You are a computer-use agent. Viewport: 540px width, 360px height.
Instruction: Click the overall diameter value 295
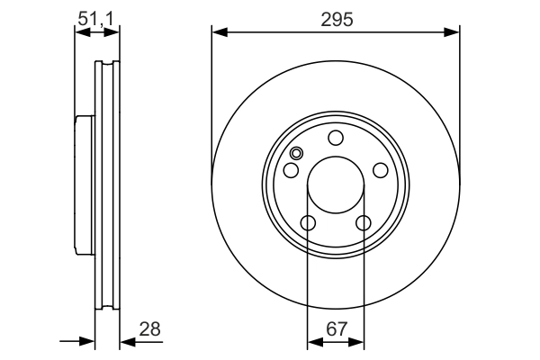[336, 17]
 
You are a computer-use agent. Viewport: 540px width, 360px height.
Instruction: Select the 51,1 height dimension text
[97, 17]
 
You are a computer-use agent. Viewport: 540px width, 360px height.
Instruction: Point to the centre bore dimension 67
[336, 329]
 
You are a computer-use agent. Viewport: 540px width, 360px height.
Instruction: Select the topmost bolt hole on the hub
[336, 138]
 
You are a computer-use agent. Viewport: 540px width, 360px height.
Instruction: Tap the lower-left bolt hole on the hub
[308, 223]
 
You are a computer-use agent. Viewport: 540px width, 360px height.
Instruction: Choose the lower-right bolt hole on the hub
[364, 223]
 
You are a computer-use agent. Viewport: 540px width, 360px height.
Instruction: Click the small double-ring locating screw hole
[297, 154]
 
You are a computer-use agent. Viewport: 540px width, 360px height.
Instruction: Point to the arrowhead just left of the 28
[127, 342]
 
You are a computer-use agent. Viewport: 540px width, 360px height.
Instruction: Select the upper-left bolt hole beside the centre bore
[292, 171]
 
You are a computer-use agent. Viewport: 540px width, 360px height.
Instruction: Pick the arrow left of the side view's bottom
[86, 342]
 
